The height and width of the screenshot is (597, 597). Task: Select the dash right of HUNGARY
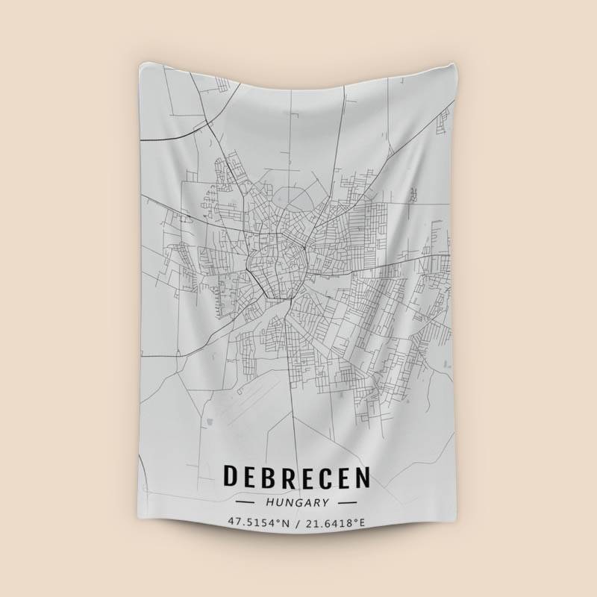[347, 503]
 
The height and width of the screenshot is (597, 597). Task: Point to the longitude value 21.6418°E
[335, 523]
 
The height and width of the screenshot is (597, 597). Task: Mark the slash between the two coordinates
[297, 523]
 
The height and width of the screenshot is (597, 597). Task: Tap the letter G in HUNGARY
[296, 502]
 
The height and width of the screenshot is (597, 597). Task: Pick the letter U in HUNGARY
[278, 502]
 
